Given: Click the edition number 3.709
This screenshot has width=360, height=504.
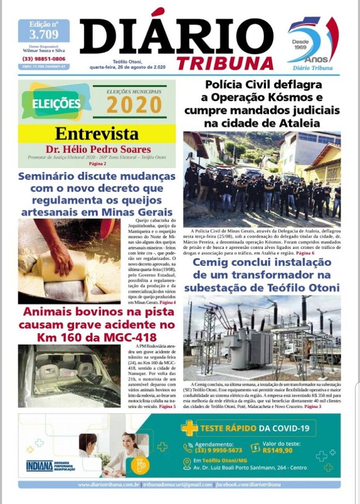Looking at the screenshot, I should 43,35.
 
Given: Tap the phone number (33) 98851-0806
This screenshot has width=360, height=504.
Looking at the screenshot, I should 43,59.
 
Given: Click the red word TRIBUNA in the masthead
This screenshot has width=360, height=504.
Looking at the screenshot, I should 225,63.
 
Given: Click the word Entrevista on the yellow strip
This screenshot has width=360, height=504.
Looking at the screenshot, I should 97,134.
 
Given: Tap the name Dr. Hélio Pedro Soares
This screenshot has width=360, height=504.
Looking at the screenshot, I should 98,150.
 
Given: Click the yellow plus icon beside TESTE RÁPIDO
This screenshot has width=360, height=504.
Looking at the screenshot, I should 189,428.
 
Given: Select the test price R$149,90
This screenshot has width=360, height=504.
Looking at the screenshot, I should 278,450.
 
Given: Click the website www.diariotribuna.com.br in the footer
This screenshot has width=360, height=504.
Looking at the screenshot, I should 109,484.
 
